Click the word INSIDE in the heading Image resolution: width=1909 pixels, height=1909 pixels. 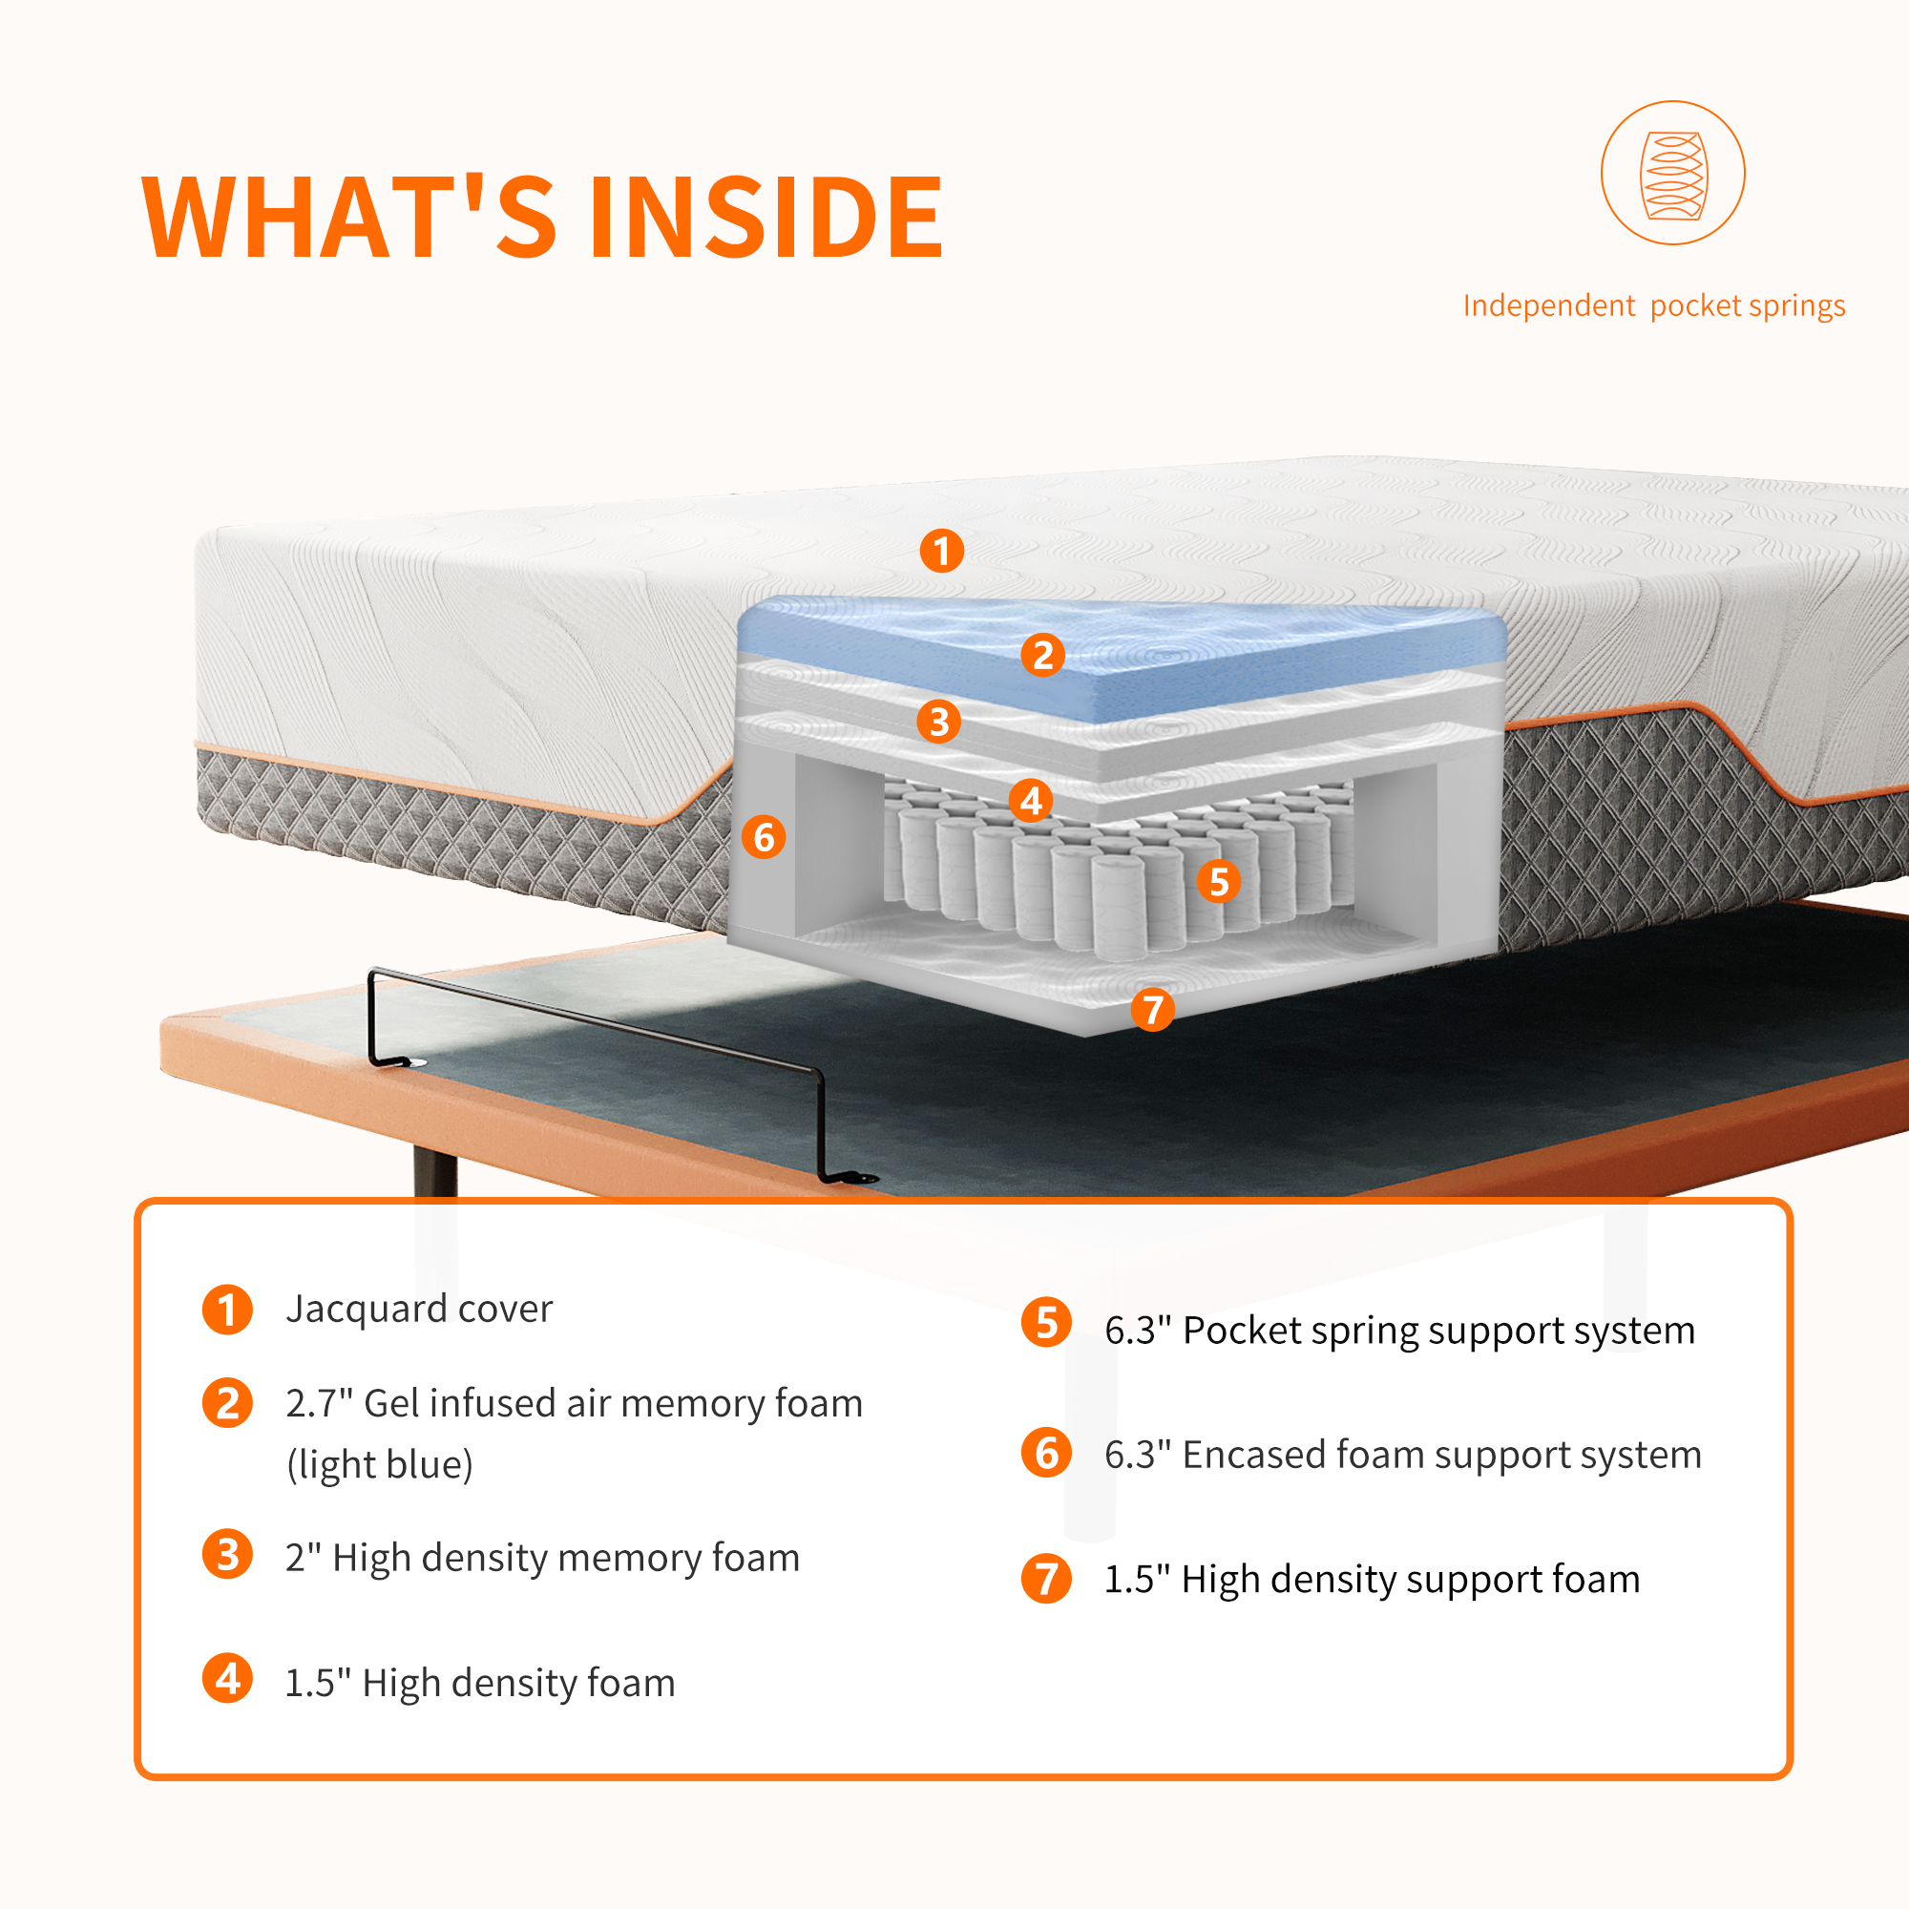(x=766, y=218)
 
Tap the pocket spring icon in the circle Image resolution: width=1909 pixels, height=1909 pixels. (x=1672, y=174)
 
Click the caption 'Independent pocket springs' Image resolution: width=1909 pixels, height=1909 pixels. (x=1653, y=306)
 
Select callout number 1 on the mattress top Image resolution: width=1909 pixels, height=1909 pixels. (x=942, y=551)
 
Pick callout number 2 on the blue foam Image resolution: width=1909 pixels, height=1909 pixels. (x=1042, y=654)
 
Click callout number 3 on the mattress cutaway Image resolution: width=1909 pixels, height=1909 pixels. (x=938, y=722)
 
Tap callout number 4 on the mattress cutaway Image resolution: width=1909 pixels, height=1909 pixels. (x=1031, y=801)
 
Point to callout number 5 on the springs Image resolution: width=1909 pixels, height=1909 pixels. (x=1218, y=880)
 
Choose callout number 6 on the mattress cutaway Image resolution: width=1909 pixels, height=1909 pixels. (x=764, y=837)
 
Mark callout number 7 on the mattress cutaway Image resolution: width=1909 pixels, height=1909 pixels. (x=1152, y=1009)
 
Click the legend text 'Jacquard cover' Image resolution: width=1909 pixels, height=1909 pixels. (x=419, y=1309)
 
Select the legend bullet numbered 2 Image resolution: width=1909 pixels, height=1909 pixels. (x=227, y=1403)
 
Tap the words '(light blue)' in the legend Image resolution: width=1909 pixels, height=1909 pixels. (x=381, y=1464)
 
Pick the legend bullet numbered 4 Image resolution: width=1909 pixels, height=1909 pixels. (x=227, y=1679)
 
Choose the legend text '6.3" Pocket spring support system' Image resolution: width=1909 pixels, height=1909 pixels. (x=1399, y=1330)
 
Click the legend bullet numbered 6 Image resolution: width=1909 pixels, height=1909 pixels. (x=1046, y=1454)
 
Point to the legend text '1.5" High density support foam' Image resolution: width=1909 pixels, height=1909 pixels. (x=1372, y=1579)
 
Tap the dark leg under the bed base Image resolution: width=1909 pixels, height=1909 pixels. (x=434, y=1171)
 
